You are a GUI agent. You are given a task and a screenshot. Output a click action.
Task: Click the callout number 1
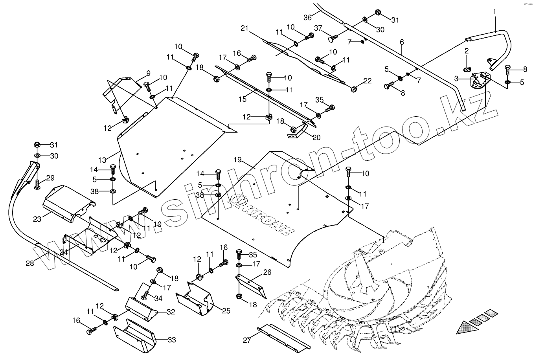[494, 12]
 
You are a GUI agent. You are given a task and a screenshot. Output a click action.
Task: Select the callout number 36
[308, 17]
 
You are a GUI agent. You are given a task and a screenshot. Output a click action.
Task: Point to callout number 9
[149, 73]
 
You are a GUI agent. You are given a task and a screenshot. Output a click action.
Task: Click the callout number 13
[103, 160]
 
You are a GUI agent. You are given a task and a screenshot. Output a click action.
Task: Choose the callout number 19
[237, 160]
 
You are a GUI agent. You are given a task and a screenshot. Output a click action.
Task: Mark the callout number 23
[37, 219]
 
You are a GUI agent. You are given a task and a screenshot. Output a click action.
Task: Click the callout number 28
[30, 263]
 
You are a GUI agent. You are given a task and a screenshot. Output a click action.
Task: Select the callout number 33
[172, 340]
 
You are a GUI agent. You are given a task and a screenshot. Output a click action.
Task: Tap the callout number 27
[246, 340]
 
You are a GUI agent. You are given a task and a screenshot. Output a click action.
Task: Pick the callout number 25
[226, 311]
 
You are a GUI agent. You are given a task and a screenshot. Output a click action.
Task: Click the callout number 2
[467, 51]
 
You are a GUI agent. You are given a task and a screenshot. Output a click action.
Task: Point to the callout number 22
[367, 81]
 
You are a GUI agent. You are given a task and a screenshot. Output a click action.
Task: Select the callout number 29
[50, 178]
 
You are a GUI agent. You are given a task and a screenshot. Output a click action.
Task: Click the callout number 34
[158, 298]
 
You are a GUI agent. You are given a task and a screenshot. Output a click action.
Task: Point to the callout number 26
[267, 272]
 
